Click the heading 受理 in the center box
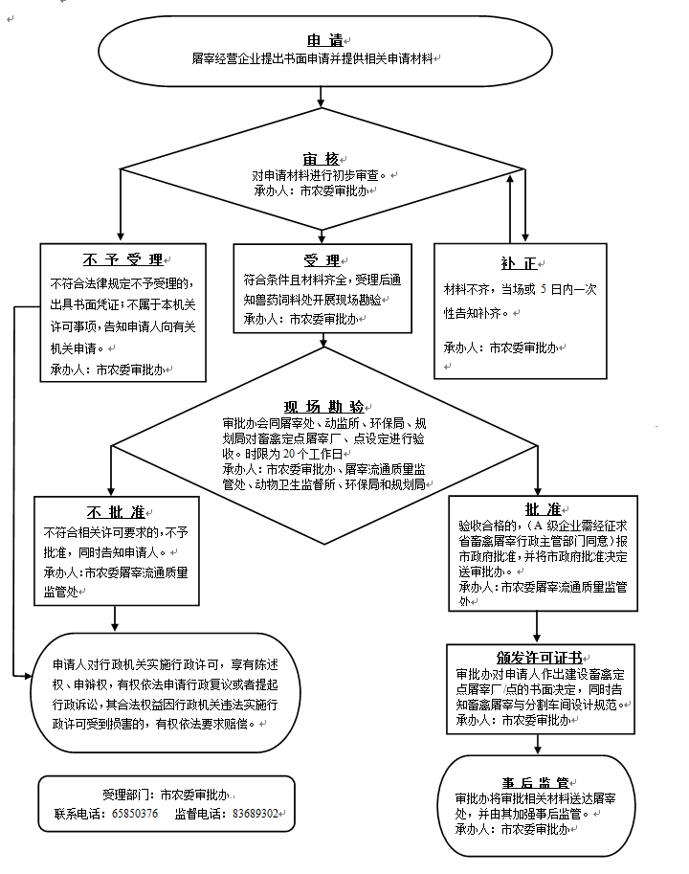click(322, 260)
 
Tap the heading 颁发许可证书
click(539, 659)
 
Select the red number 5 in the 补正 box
click(542, 289)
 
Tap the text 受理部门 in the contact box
click(126, 795)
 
